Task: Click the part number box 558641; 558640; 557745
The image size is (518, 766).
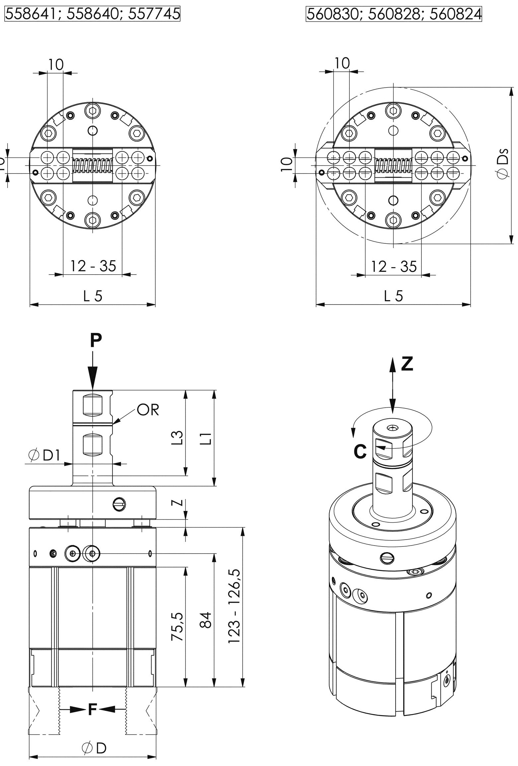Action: point(92,14)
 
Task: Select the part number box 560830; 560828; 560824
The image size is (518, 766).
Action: point(394,14)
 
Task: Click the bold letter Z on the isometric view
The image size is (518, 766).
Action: point(407,364)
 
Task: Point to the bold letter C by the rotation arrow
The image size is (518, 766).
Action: point(360,452)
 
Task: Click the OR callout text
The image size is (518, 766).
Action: point(148,410)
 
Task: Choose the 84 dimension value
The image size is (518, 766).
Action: point(206,620)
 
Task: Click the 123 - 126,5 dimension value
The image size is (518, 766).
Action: point(235,606)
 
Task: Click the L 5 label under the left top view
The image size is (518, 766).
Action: point(93,296)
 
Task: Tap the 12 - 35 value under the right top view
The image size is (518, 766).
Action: point(393,267)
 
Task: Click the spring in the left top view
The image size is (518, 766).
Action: point(93,165)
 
